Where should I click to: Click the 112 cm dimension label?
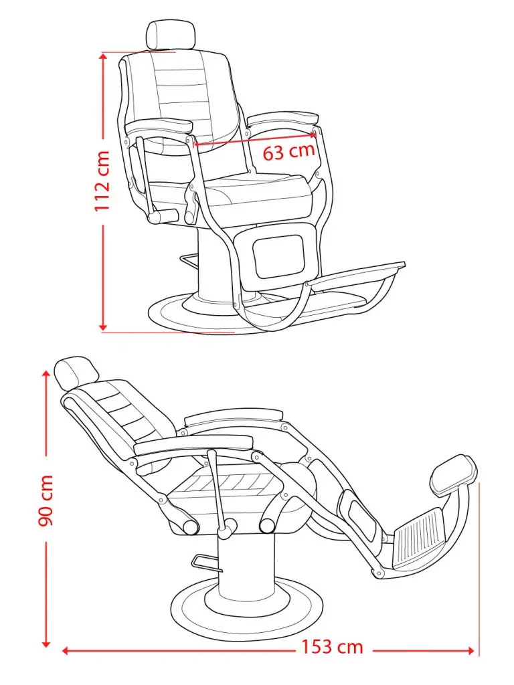pos(102,181)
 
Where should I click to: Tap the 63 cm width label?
pos(288,151)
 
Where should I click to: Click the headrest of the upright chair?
pos(171,35)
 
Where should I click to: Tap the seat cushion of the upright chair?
pos(258,194)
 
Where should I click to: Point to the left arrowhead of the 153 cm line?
pos(66,650)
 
